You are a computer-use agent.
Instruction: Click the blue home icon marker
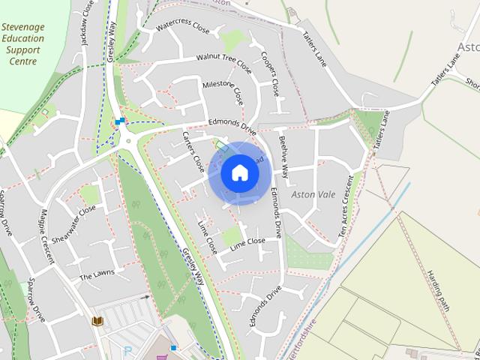tap(239, 173)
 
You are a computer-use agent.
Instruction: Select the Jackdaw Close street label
tap(88, 24)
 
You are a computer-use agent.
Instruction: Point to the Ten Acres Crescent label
tap(346, 207)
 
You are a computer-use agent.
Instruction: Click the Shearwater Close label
tap(76, 220)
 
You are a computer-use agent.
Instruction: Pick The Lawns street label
tap(97, 275)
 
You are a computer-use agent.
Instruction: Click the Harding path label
tap(437, 290)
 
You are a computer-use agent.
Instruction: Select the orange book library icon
tap(97, 321)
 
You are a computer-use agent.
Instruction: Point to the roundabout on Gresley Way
tap(127, 139)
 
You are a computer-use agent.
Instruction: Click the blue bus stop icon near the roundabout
tap(119, 121)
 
